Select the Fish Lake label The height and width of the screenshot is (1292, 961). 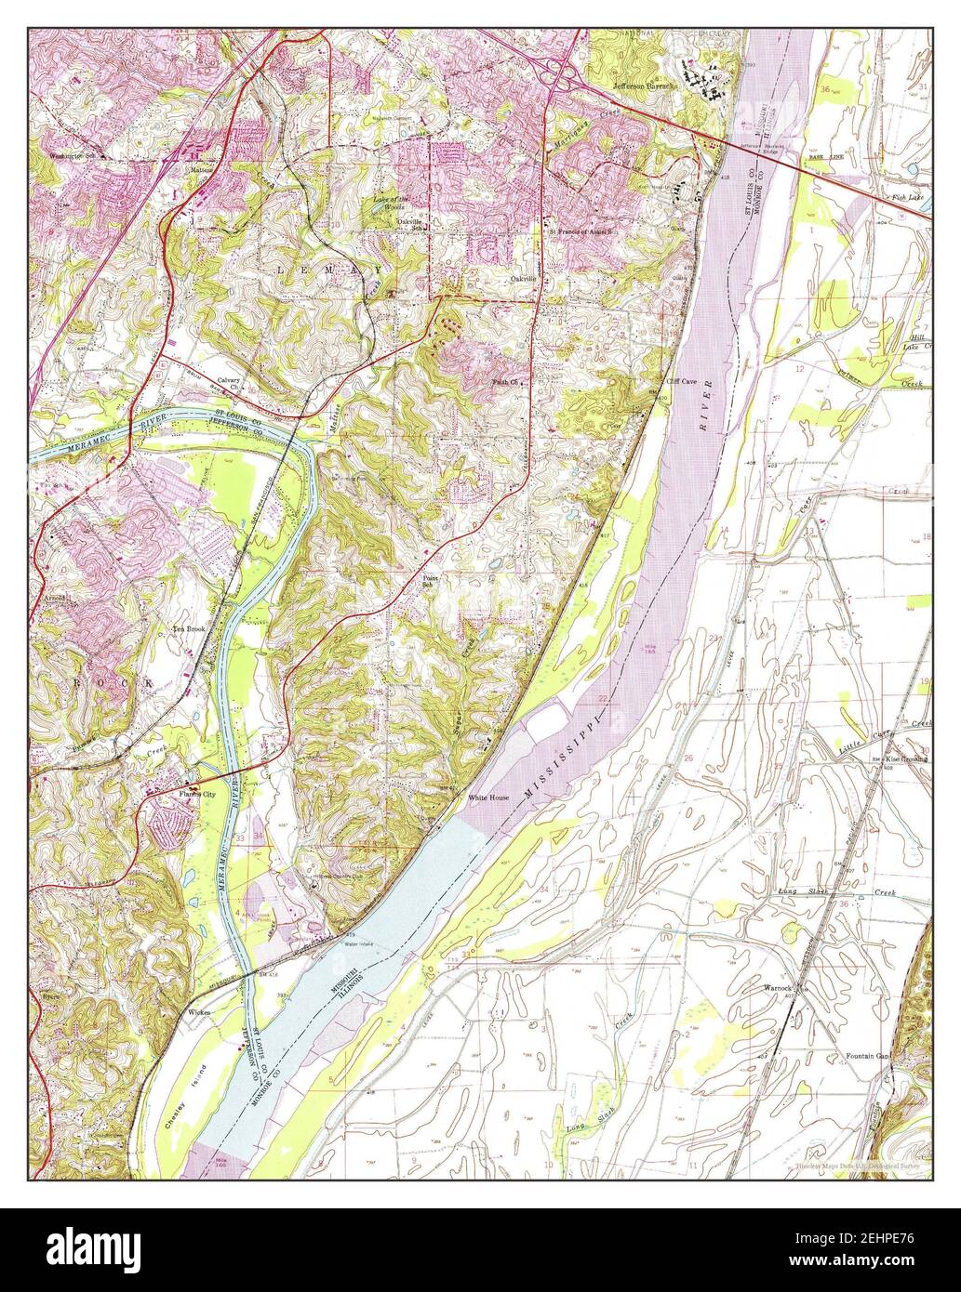click(x=907, y=197)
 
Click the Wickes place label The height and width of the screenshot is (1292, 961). click(x=201, y=1010)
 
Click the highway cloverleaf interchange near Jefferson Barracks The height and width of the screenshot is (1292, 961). click(x=562, y=74)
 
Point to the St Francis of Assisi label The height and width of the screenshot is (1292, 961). click(x=584, y=231)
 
